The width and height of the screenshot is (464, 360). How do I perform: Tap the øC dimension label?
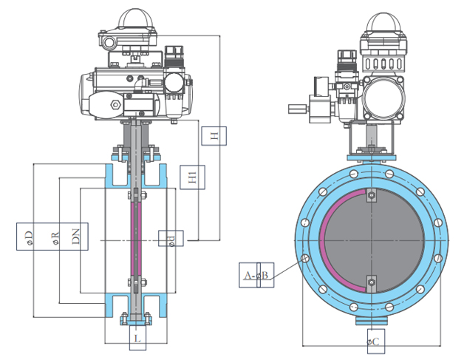[372, 342]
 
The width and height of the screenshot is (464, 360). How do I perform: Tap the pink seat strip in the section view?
[134, 237]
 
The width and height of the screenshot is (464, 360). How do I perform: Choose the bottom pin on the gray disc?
[372, 282]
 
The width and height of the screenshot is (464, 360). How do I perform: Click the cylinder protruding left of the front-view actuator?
[297, 109]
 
